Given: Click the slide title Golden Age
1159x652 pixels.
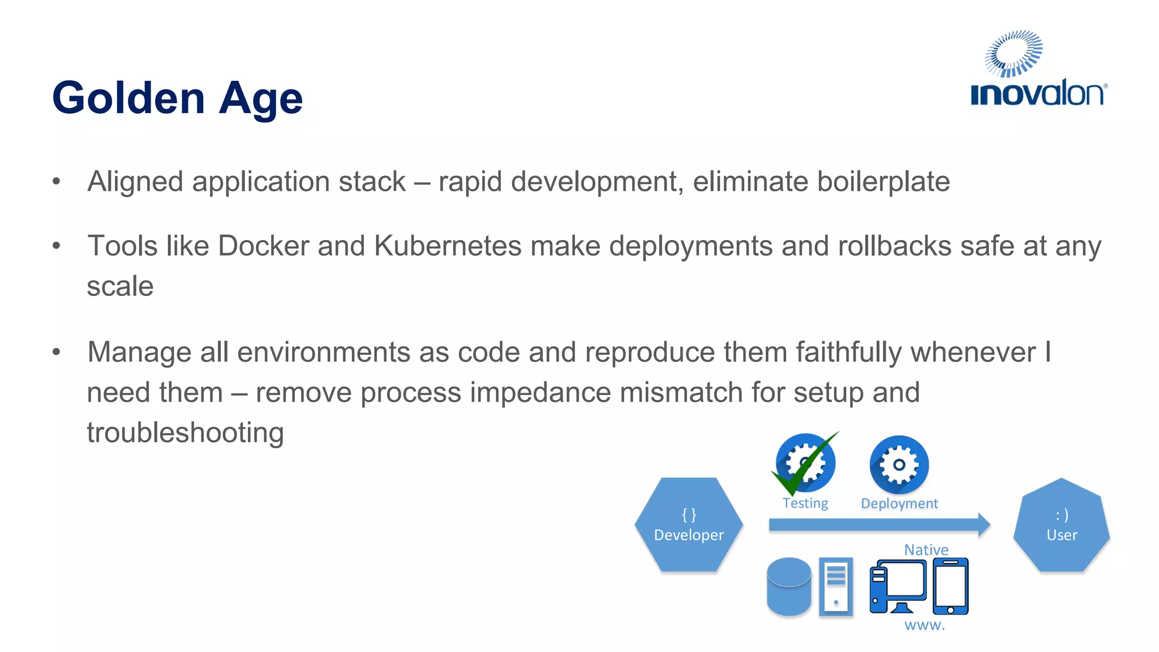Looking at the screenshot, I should point(177,98).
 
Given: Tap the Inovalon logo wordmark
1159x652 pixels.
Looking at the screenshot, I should point(1038,93).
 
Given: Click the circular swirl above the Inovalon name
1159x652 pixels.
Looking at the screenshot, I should point(1014,53).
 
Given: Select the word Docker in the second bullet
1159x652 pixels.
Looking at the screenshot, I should point(263,246).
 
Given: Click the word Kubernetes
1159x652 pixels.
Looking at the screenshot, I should point(448,246).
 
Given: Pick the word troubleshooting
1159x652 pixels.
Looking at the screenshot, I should point(185,433).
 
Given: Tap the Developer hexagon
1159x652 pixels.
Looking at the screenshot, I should point(689,525).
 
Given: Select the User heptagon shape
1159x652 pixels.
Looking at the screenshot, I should point(1062,525).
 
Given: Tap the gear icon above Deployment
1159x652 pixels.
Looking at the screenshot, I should point(899,465).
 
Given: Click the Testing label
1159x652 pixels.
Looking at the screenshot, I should point(805,503).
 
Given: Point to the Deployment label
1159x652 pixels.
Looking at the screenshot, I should point(899,503).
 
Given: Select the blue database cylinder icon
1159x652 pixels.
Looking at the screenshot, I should point(789,587).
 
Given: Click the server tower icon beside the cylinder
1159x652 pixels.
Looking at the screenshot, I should point(836,587).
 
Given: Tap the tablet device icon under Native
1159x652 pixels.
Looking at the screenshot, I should point(950,586).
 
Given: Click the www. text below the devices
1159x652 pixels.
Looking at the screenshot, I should point(925,625).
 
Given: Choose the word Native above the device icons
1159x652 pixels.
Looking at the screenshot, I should point(926,550).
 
